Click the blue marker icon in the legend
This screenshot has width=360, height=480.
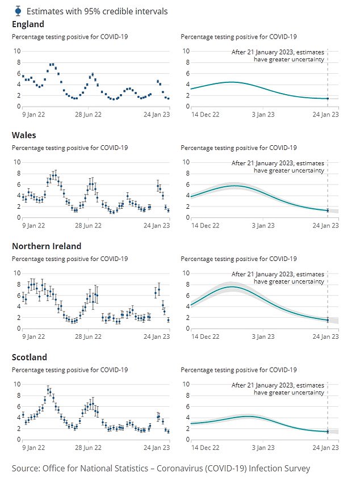point(18,11)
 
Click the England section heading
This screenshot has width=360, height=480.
point(28,24)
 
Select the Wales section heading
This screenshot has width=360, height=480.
point(24,135)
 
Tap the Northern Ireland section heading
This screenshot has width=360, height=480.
point(47,246)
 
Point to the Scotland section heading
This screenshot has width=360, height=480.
point(30,357)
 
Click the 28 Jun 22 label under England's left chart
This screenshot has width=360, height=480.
point(88,115)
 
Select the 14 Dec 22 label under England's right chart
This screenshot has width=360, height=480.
point(206,115)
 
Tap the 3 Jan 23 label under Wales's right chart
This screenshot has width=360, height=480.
point(263,226)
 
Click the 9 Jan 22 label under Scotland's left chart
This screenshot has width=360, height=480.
point(34,448)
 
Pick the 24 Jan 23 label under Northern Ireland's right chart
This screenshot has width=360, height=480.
point(326,336)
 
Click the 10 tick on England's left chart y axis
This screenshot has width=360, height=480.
point(17,51)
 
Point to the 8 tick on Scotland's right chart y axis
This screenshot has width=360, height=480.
point(188,395)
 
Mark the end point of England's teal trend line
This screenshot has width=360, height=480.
point(328,99)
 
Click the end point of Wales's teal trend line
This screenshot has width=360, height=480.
point(328,210)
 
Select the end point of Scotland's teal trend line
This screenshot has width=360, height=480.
point(328,432)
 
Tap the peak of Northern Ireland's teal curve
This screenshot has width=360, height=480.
point(232,287)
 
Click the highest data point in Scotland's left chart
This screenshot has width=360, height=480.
point(48,390)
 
